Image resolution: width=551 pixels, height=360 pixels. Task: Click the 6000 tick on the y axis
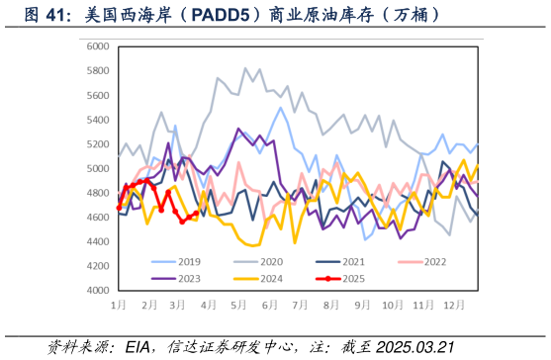pos(97,46)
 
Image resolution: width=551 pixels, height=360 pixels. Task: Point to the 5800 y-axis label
pos(97,71)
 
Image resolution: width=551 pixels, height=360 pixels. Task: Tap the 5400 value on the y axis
pos(97,120)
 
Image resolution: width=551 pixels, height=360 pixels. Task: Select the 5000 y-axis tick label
pos(97,169)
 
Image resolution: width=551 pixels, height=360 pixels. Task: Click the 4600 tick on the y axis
pos(97,218)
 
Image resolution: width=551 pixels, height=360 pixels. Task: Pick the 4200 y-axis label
pos(97,266)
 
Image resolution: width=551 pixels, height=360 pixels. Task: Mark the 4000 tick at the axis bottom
pos(97,291)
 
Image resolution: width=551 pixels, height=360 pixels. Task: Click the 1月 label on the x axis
pos(119,305)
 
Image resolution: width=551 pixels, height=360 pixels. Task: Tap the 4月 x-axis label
pos(209,305)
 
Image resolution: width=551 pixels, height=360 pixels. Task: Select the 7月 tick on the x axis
pos(298,305)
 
